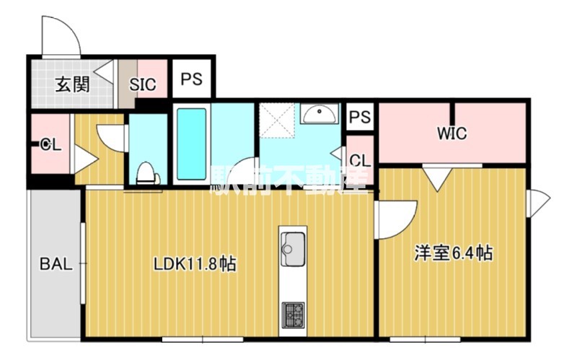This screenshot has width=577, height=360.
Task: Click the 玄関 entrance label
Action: [72, 84]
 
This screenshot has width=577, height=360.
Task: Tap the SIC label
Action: [142, 84]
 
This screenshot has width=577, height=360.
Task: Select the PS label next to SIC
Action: [191, 79]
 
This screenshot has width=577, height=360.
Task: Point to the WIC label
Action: [452, 133]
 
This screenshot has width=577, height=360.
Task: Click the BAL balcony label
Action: [56, 264]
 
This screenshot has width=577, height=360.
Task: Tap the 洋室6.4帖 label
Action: [453, 253]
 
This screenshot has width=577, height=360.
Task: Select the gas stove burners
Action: [292, 312]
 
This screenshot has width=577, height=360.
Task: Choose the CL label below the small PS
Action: [360, 159]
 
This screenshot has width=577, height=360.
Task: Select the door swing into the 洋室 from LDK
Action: [395, 218]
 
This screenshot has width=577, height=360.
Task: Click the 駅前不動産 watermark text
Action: [288, 180]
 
